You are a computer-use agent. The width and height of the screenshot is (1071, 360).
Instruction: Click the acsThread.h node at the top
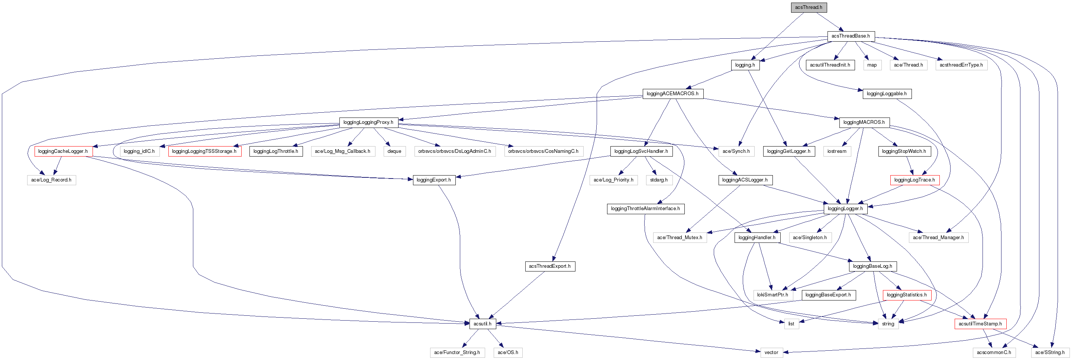click(x=808, y=7)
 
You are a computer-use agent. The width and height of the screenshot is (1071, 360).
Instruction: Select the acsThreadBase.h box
click(x=850, y=36)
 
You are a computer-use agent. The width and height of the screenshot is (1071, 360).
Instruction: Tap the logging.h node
click(x=745, y=65)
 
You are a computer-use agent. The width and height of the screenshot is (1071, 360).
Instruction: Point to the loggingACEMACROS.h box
click(x=672, y=94)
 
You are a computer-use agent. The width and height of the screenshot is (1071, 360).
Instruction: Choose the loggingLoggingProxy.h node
click(x=368, y=122)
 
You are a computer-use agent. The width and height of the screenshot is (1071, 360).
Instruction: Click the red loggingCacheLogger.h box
click(x=63, y=151)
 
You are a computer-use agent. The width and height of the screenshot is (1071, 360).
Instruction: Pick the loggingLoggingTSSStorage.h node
click(x=204, y=151)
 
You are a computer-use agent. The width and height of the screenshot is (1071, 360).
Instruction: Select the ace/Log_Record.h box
click(x=51, y=180)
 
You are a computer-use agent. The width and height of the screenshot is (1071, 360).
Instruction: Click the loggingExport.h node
click(x=433, y=180)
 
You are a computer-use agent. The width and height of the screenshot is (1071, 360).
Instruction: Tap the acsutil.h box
click(x=482, y=324)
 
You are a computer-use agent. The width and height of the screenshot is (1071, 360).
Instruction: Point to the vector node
click(x=771, y=353)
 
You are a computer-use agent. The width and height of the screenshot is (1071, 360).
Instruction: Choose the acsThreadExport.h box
click(x=550, y=266)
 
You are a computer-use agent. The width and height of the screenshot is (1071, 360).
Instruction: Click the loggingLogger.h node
click(x=845, y=209)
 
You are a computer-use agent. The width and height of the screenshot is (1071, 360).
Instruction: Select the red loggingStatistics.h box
click(x=906, y=295)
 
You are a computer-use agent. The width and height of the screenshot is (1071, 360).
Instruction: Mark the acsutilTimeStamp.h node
click(x=980, y=324)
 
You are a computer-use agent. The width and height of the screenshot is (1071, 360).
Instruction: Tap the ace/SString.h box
click(x=1050, y=353)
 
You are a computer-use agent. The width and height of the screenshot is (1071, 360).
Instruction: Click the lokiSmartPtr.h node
click(x=772, y=295)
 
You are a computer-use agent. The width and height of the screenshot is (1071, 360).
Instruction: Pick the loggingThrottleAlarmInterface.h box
click(x=645, y=209)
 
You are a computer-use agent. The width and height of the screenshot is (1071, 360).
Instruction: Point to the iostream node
click(x=836, y=151)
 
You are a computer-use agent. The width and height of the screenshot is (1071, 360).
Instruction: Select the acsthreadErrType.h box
click(x=961, y=65)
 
